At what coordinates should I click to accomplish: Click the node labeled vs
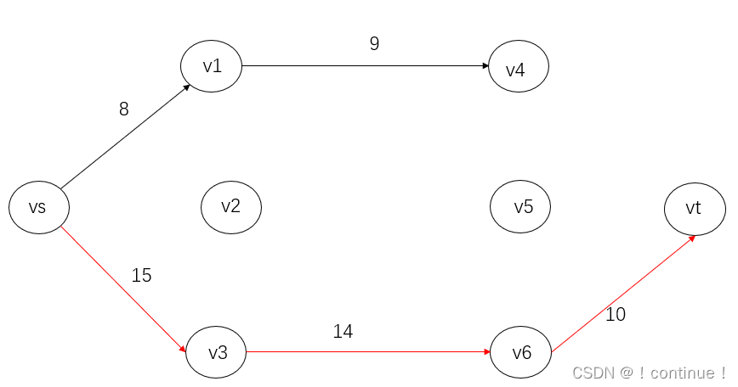[38, 207]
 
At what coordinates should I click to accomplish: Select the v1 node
[211, 65]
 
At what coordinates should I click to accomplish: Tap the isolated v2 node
[230, 206]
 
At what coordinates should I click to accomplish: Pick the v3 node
[216, 351]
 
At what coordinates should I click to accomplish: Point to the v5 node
[520, 206]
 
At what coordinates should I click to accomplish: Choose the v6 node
[520, 352]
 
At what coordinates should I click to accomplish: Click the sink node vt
[694, 207]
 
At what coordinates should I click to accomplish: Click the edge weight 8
[124, 109]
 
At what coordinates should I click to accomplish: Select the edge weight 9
[374, 44]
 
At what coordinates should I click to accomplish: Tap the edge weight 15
[141, 276]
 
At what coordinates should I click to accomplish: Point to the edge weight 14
[343, 332]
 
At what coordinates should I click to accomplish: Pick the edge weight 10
[616, 315]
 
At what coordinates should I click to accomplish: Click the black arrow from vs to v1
[125, 136]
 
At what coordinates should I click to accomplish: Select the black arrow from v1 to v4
[366, 65]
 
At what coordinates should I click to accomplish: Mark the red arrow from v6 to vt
[623, 294]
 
